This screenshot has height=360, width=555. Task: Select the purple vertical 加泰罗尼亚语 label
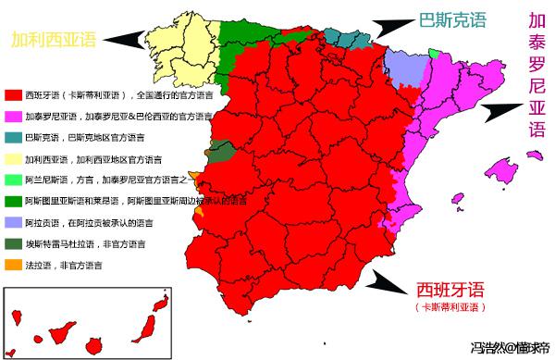pos(536,74)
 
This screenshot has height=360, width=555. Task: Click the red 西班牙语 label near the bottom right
pos(450,288)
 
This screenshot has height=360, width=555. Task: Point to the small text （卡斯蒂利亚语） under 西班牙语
pos(450,306)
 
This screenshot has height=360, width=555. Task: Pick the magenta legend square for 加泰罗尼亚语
pos(12,117)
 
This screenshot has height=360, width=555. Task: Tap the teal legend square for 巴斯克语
pos(12,138)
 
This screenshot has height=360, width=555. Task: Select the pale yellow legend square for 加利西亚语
pos(12,158)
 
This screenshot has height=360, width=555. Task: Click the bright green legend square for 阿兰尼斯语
pos(12,180)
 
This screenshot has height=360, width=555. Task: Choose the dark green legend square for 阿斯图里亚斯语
pos(12,200)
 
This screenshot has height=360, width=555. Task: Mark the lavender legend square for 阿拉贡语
pos(12,221)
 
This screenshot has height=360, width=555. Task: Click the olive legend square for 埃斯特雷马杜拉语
pos(12,242)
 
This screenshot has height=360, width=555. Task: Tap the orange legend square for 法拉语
pos(12,264)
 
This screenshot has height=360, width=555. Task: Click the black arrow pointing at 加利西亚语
pos(126,39)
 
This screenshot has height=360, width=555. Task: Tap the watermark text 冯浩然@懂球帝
pos(508,349)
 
